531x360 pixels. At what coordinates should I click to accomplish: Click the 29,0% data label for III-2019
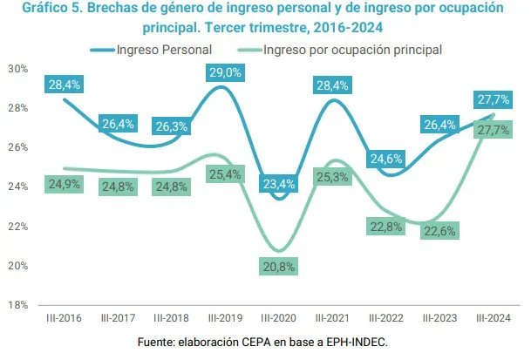coord(224,72)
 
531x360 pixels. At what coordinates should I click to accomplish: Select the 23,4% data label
coord(278,184)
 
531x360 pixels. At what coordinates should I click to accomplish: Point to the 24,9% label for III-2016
coord(64,184)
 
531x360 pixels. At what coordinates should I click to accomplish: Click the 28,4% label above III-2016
coord(64,85)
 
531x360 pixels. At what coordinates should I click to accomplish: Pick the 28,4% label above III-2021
coord(332,85)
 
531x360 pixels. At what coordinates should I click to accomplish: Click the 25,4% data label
coord(224,174)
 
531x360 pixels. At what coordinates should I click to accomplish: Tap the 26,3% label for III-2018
coord(171,126)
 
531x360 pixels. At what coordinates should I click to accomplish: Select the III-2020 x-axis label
coord(278,318)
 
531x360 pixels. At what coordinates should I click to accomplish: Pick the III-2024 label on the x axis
coord(493,318)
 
